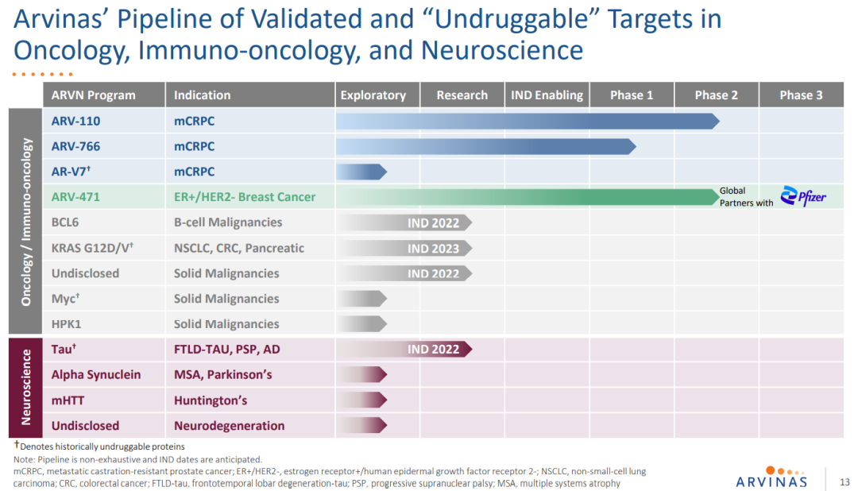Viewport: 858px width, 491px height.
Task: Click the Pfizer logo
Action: tap(803, 196)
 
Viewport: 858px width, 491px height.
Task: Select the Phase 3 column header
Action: tap(801, 95)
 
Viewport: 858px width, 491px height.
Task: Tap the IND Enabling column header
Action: tap(547, 95)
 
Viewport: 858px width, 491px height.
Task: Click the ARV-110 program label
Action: tap(75, 122)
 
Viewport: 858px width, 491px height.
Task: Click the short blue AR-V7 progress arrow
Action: tap(361, 172)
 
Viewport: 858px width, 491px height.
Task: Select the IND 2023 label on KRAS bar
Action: tap(434, 248)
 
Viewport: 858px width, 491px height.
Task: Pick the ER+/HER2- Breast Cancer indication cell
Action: tap(245, 197)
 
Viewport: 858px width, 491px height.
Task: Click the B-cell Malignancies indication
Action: tap(228, 222)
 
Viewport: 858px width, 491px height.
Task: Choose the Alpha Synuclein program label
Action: tap(96, 374)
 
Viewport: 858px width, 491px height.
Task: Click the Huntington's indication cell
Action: tap(211, 400)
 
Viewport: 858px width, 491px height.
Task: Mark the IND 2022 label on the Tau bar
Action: tap(434, 349)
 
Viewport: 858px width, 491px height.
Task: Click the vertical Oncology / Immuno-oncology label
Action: tap(26, 222)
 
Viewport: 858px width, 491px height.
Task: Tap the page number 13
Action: tap(844, 481)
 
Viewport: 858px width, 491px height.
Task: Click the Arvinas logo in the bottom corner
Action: tap(771, 477)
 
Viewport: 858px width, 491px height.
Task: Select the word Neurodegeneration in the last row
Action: tap(229, 425)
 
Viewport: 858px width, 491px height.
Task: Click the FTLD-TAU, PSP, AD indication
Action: tap(227, 349)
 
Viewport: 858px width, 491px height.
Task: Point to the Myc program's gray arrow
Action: tap(361, 299)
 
